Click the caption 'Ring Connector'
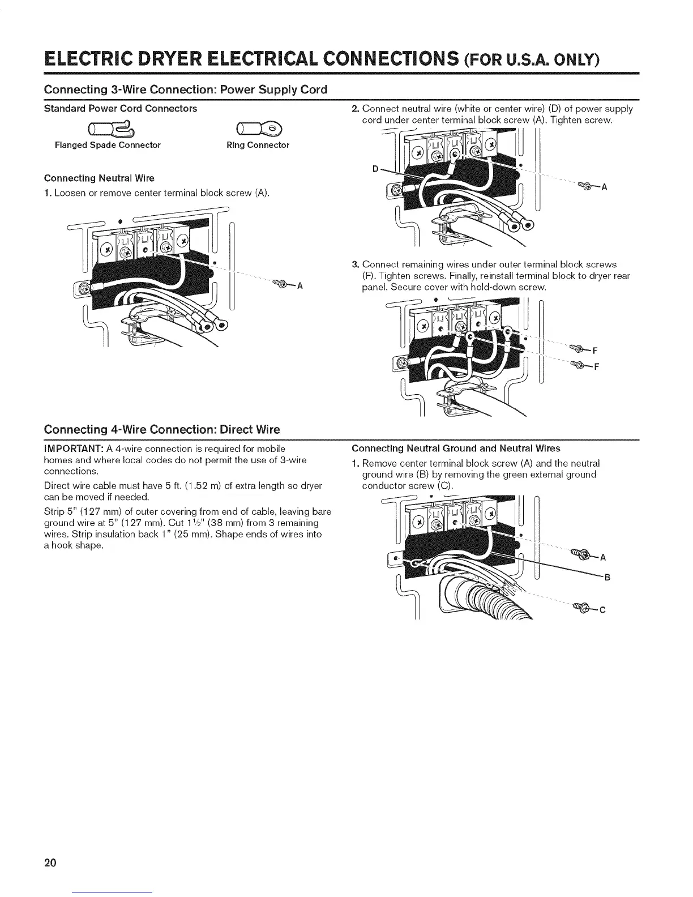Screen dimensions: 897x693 258,145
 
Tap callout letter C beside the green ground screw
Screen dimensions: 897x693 602,610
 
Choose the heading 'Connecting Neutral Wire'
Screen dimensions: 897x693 99,178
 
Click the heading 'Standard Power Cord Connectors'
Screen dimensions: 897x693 121,108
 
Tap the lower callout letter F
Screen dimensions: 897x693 596,366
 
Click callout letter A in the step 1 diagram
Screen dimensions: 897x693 301,285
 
